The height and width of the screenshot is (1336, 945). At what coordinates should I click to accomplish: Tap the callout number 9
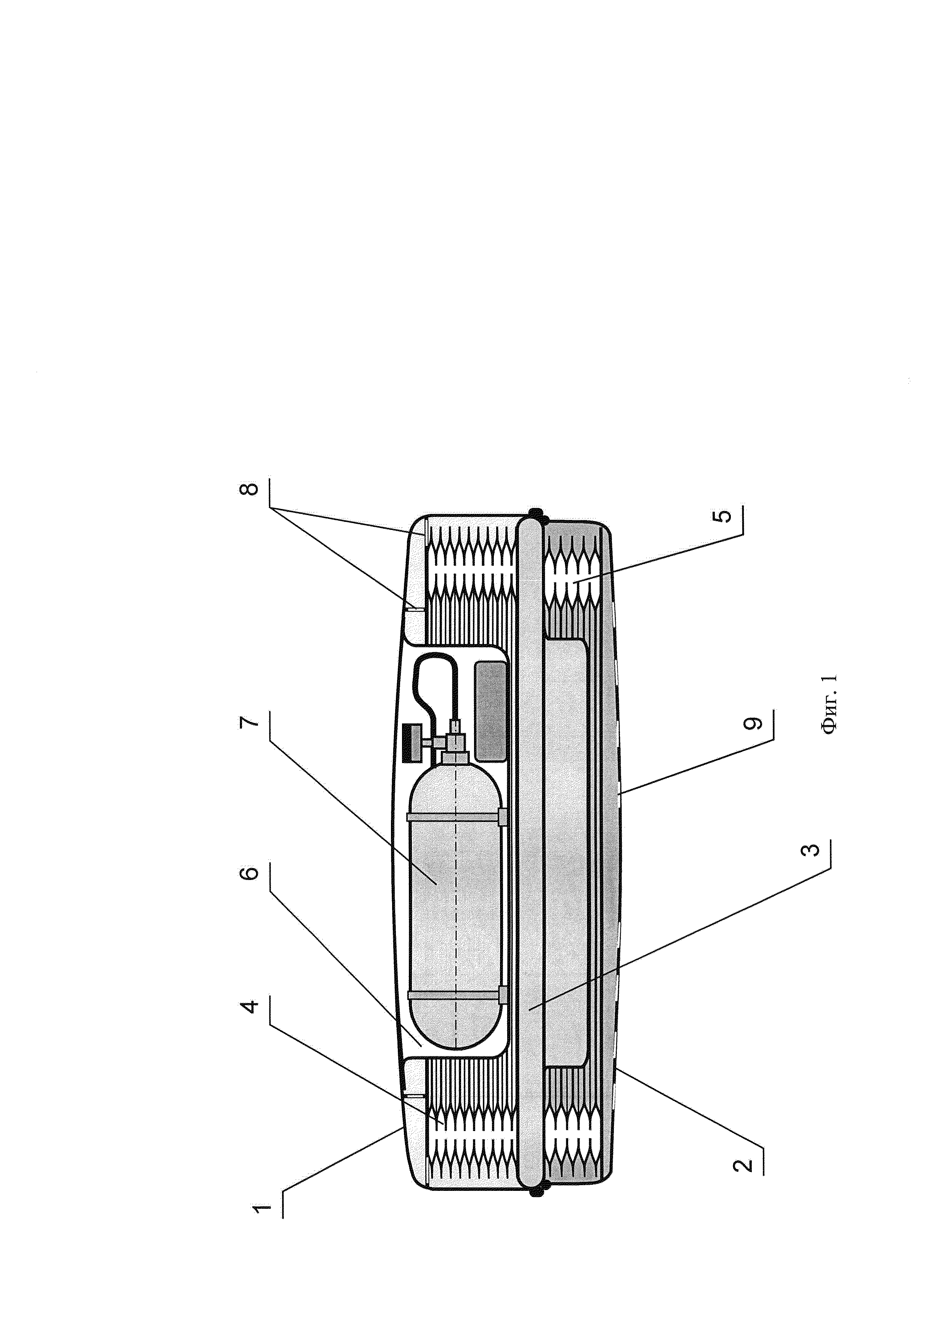coord(754,723)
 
